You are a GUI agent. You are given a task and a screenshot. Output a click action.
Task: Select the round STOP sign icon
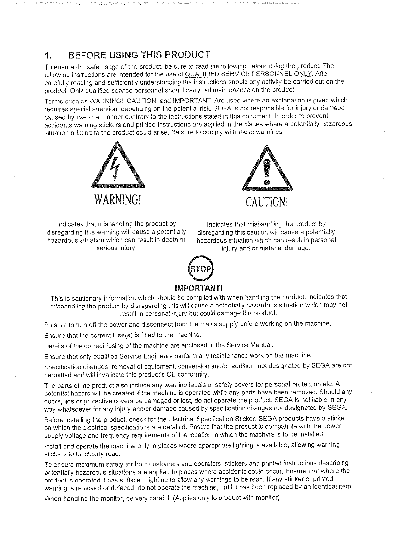[x=201, y=269]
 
